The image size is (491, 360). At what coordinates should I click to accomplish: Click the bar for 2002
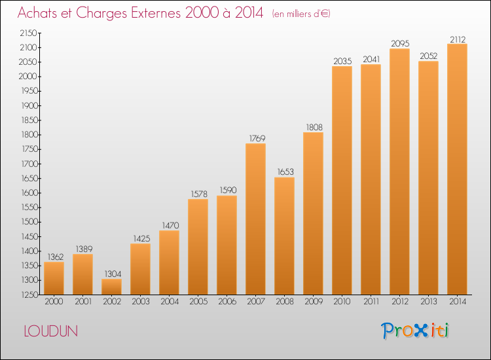(x=111, y=287)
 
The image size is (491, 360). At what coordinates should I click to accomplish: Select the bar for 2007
(x=255, y=219)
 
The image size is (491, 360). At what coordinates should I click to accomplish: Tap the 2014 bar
(x=457, y=169)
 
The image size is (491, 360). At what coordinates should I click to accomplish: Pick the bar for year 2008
(x=284, y=236)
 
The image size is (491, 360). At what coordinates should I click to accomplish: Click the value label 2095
(x=400, y=43)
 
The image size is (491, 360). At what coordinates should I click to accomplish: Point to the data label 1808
(x=314, y=128)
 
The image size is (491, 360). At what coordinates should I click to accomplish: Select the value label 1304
(x=113, y=274)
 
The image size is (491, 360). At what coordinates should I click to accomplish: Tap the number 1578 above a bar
(x=199, y=194)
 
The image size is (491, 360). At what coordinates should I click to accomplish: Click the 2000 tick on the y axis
(x=28, y=77)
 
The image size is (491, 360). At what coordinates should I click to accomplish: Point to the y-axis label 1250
(x=29, y=295)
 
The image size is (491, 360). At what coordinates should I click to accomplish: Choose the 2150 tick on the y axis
(x=28, y=33)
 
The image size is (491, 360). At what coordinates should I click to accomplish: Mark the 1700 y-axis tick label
(x=29, y=164)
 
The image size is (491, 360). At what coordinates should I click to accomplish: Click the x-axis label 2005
(x=198, y=302)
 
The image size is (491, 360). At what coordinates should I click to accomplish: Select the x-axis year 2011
(x=371, y=302)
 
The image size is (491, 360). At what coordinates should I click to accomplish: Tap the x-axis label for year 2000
(x=54, y=302)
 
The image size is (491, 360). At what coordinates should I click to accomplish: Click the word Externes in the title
(x=156, y=13)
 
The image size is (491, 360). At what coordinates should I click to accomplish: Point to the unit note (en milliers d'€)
(x=301, y=14)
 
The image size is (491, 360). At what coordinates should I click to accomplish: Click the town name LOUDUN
(x=50, y=331)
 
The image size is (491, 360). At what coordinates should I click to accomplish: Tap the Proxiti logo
(x=414, y=331)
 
